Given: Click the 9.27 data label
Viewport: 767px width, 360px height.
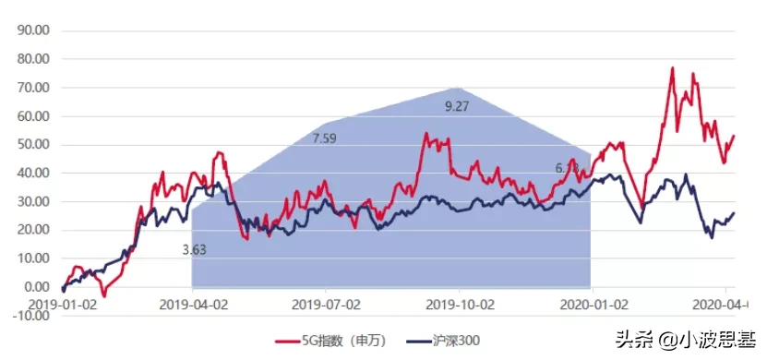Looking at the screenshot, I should [457, 107].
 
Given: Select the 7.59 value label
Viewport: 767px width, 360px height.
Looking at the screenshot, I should [325, 138].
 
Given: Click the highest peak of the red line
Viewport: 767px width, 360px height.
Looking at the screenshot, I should [672, 67].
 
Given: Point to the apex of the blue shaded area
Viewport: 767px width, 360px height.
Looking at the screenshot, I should [459, 88].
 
